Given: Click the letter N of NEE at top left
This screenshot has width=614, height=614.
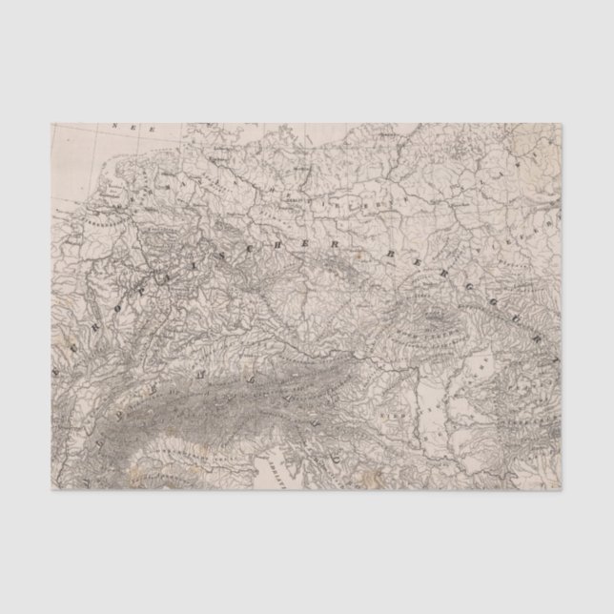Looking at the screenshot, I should coord(115,127).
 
